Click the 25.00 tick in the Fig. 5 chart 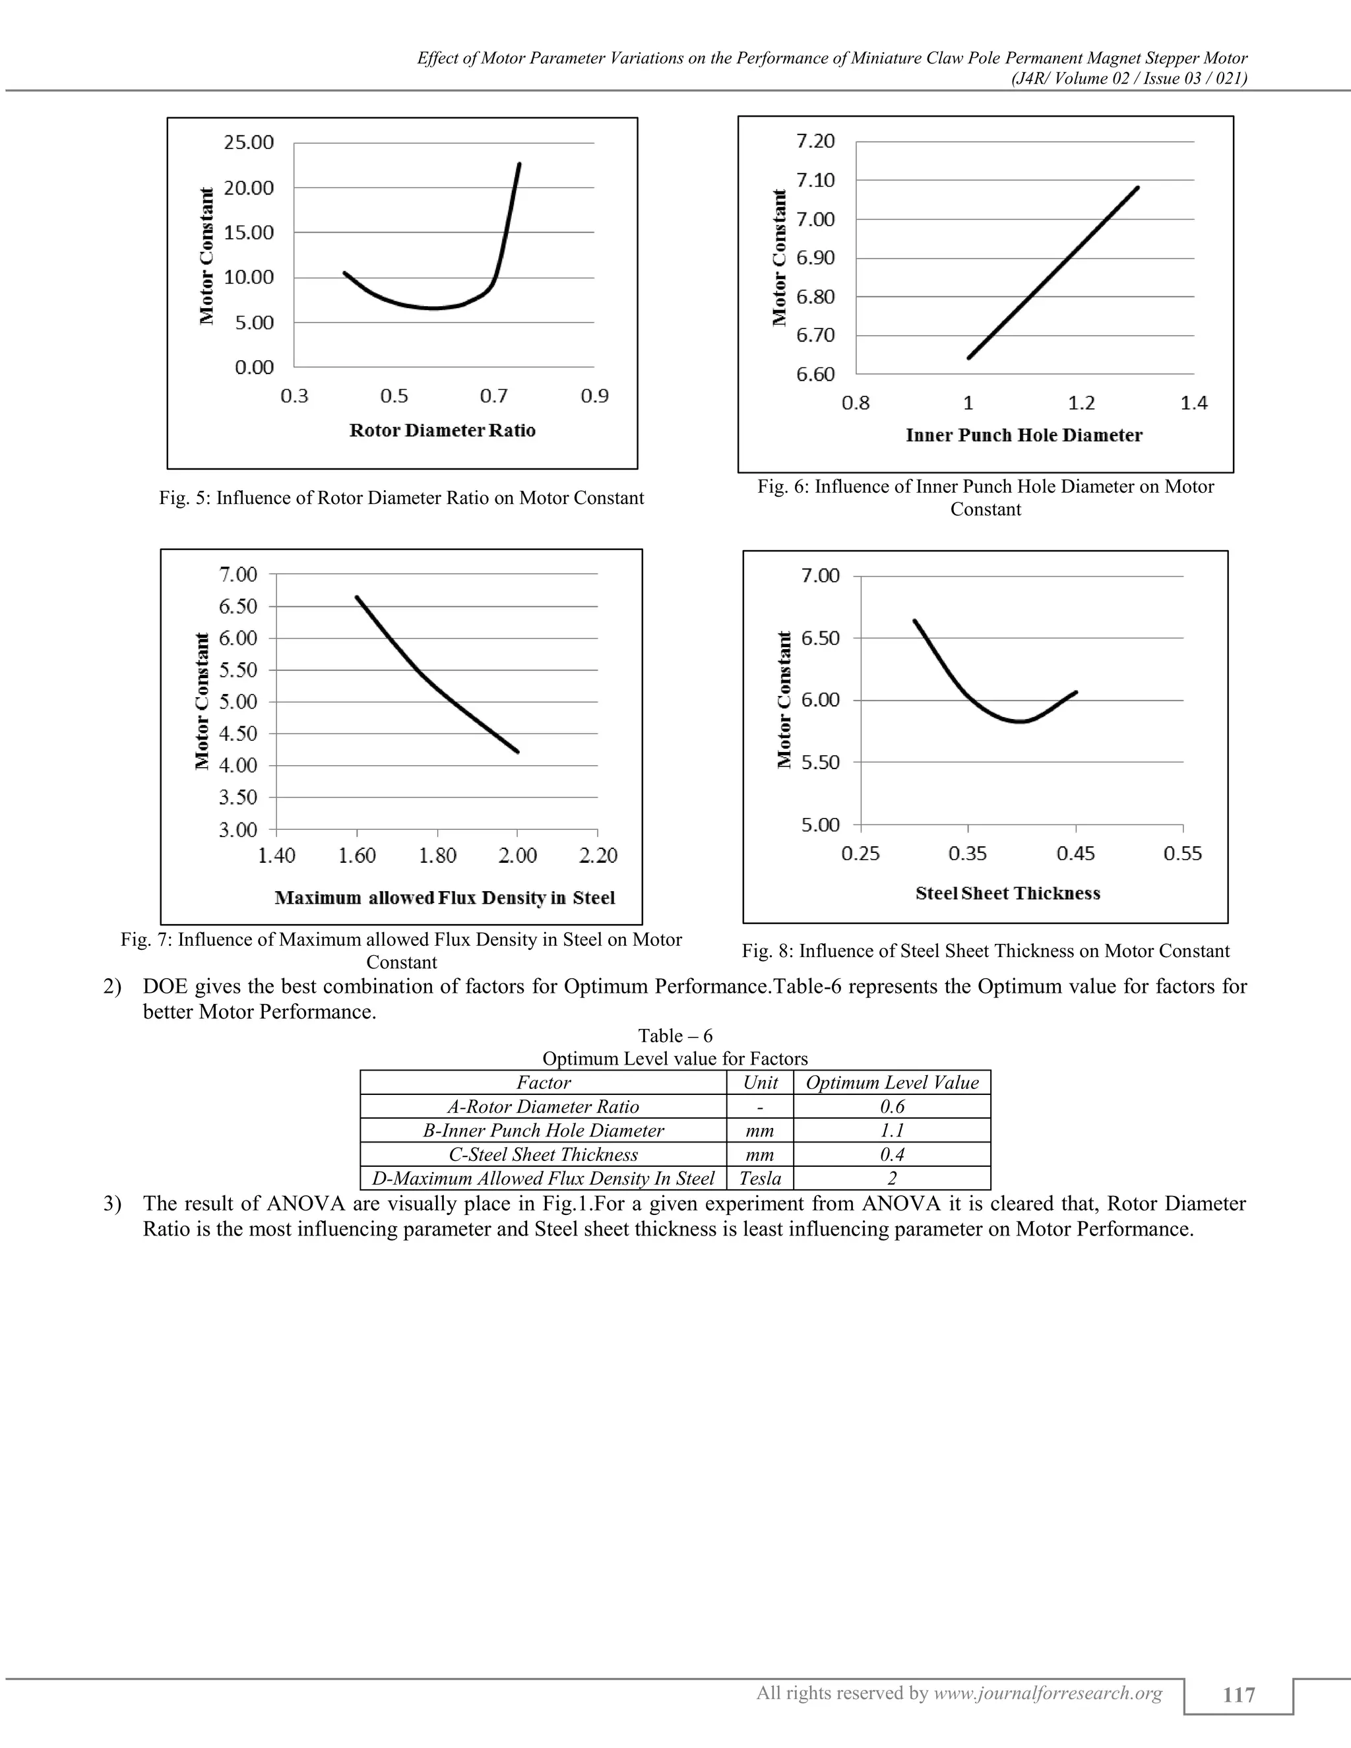coord(249,142)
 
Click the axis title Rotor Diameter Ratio coord(443,431)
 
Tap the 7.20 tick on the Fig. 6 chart coord(815,142)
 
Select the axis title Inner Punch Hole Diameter coord(1024,435)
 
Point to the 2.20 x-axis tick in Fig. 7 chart coord(598,856)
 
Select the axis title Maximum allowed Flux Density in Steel coord(445,898)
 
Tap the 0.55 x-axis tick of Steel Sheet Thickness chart coord(1182,854)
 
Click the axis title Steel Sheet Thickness coord(1008,893)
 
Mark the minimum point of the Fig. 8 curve coord(1021,721)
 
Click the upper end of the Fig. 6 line coord(1137,188)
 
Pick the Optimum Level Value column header coord(892,1083)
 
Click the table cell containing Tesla coord(759,1178)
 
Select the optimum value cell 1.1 coord(892,1130)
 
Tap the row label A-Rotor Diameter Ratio coord(543,1107)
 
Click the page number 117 coord(1238,1695)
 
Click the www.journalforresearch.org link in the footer coord(1048,1693)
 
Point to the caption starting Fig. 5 coord(401,498)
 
